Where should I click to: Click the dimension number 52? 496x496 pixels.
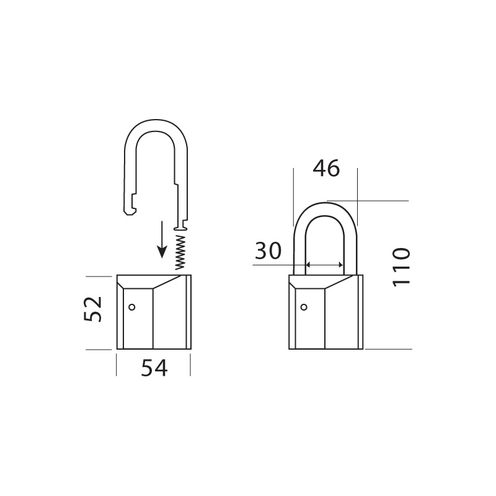click(x=93, y=309)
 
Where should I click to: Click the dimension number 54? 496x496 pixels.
click(x=154, y=368)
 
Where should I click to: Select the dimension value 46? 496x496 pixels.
click(x=326, y=168)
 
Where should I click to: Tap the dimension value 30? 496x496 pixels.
click(x=268, y=250)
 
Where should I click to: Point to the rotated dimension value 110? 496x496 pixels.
click(x=401, y=268)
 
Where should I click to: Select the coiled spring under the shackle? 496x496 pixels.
click(x=180, y=252)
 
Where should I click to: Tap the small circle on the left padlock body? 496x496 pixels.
click(x=132, y=307)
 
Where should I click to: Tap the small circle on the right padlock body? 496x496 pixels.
click(x=304, y=307)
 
